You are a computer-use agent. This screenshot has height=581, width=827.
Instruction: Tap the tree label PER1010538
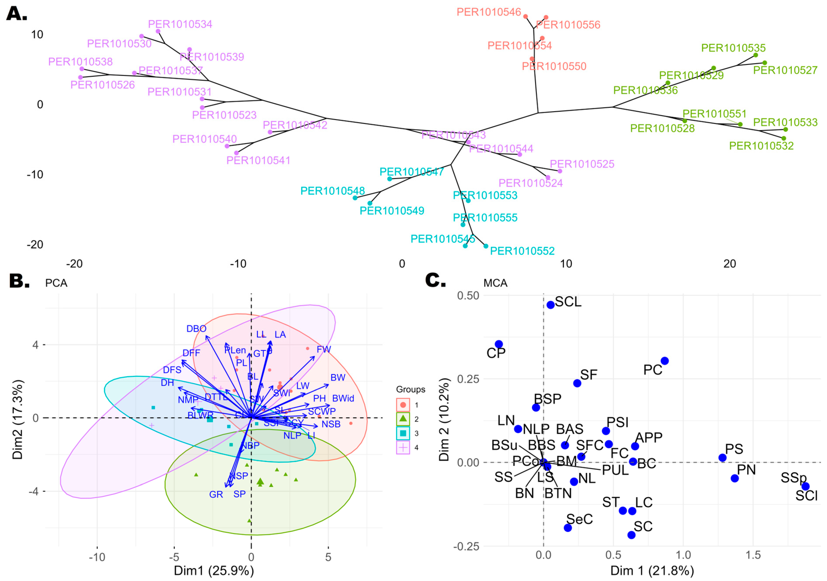click(80, 62)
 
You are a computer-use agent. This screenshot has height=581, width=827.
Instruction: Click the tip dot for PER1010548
click(355, 198)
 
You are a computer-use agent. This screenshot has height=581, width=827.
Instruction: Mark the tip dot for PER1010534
click(158, 31)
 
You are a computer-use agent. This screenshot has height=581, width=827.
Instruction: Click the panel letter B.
click(19, 281)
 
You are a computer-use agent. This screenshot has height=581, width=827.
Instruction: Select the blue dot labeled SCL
click(550, 305)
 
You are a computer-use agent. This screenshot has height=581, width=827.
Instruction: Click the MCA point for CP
click(498, 344)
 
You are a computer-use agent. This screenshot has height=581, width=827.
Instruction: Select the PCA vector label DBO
click(196, 328)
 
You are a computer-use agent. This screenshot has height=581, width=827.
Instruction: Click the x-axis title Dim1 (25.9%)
click(214, 571)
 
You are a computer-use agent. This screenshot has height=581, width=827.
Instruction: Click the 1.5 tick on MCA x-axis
click(753, 555)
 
